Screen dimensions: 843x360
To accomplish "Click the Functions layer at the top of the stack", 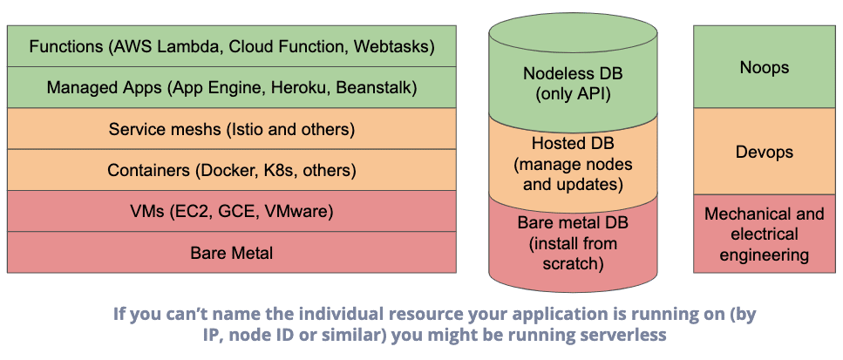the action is click(232, 46).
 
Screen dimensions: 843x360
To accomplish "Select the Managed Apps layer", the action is click(232, 87).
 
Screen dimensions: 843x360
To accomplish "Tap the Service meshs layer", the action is click(232, 129).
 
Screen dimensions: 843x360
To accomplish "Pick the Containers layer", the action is click(232, 170).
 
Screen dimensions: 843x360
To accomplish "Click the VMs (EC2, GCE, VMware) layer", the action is click(232, 211).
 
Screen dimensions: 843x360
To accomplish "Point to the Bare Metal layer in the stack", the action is click(232, 253).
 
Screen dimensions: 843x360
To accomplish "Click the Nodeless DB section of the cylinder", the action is click(573, 75).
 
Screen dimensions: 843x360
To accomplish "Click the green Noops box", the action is click(765, 66).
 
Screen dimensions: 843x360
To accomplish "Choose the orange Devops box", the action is click(765, 152).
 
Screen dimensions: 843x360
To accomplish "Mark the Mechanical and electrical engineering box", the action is click(765, 234).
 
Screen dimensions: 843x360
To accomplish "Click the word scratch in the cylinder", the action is click(573, 264).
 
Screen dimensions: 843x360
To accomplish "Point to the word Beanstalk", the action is click(377, 87).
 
